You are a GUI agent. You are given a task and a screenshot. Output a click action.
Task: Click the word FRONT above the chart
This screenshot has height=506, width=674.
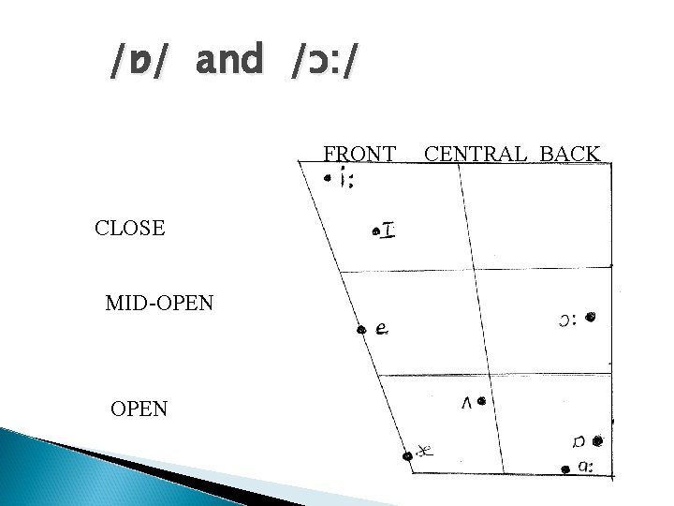click(x=359, y=154)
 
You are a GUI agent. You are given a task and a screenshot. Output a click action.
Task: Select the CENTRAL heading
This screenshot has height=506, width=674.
click(x=475, y=154)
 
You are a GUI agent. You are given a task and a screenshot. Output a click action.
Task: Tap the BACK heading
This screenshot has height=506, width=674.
click(x=569, y=154)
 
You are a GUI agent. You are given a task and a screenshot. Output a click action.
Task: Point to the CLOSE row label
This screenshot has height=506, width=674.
click(x=130, y=228)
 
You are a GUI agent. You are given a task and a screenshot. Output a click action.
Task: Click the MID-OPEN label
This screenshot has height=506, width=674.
click(x=159, y=303)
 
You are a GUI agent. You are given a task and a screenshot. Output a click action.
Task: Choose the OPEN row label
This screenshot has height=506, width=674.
click(x=139, y=409)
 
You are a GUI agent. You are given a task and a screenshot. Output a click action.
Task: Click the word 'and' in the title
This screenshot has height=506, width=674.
click(x=229, y=58)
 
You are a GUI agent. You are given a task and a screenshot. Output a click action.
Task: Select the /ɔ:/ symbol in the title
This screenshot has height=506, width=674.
click(x=324, y=61)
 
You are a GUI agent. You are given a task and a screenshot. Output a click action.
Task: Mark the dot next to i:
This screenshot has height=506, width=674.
click(x=328, y=178)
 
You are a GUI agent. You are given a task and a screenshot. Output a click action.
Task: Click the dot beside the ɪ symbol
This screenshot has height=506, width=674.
click(x=376, y=232)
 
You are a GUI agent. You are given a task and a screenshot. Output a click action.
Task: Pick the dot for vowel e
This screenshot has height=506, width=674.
click(x=361, y=330)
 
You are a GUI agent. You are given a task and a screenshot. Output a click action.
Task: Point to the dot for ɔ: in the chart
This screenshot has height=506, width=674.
click(x=591, y=317)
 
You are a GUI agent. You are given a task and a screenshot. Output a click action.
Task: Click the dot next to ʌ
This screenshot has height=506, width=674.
click(x=481, y=401)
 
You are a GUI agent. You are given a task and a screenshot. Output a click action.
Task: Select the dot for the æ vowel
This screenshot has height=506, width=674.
click(x=407, y=456)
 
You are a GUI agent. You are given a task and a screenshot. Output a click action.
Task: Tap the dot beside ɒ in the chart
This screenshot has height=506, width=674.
click(x=597, y=441)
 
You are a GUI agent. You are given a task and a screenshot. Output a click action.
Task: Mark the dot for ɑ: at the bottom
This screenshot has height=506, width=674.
click(x=565, y=469)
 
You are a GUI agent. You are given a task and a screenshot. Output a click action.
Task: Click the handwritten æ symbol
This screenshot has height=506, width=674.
click(x=425, y=451)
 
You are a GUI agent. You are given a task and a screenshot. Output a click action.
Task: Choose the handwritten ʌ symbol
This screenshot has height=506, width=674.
click(x=467, y=403)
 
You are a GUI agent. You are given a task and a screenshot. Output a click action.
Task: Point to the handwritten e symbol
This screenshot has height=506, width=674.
click(x=382, y=329)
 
